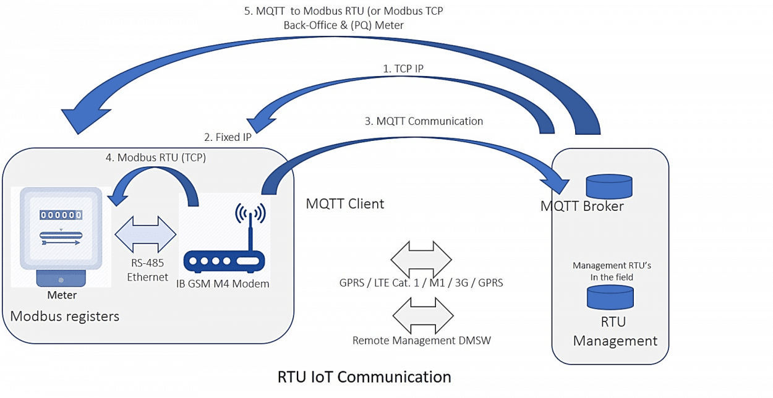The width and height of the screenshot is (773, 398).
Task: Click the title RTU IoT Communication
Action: pyautogui.click(x=364, y=377)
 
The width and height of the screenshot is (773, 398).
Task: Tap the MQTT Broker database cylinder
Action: pyautogui.click(x=609, y=187)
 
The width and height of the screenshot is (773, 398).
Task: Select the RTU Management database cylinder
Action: pyautogui.click(x=610, y=298)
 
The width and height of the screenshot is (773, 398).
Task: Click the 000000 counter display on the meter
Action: pyautogui.click(x=61, y=215)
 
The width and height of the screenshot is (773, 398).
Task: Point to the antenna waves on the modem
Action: pyautogui.click(x=250, y=213)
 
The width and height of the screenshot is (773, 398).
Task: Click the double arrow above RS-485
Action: pyautogui.click(x=145, y=234)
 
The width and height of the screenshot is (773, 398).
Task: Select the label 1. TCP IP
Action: pyautogui.click(x=403, y=69)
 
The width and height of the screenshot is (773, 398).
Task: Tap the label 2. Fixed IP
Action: pyautogui.click(x=228, y=137)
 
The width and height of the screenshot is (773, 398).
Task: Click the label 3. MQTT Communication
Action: pyautogui.click(x=424, y=121)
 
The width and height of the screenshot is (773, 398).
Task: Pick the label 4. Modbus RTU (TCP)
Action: pyautogui.click(x=156, y=158)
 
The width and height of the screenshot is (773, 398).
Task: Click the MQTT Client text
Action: pyautogui.click(x=344, y=204)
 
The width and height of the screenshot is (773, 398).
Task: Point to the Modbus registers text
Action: pyautogui.click(x=64, y=316)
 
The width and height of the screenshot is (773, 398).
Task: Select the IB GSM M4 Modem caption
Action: pyautogui.click(x=223, y=284)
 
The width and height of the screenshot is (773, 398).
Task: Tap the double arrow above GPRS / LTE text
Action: pyautogui.click(x=421, y=259)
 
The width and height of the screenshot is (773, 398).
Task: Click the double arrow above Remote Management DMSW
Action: pyautogui.click(x=423, y=316)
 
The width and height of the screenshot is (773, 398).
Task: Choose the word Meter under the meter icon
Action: pyautogui.click(x=62, y=295)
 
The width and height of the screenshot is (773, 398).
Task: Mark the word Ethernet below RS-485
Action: pyautogui.click(x=147, y=277)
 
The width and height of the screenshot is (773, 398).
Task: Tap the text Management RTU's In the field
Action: pyautogui.click(x=612, y=271)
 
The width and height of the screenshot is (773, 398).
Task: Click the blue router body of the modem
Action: pyautogui.click(x=224, y=261)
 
